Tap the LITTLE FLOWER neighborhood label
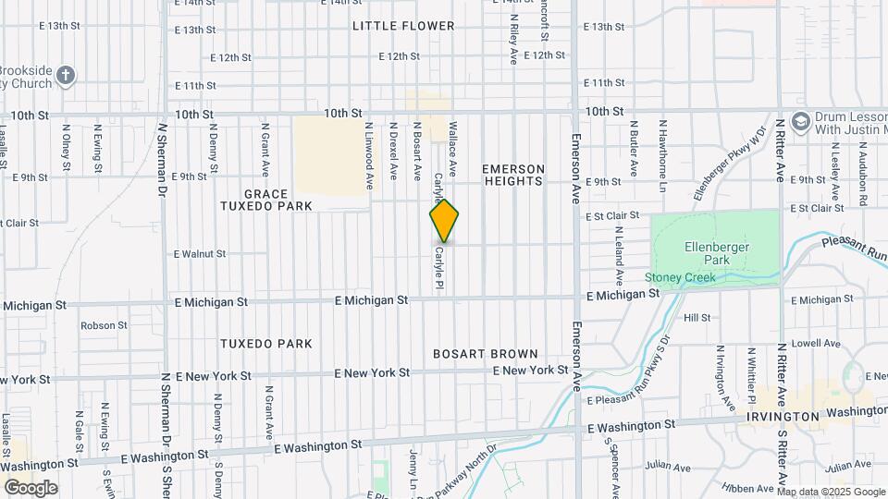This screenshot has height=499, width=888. click(403, 26)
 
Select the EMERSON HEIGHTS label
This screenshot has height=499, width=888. click(513, 175)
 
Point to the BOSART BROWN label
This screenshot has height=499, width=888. click(486, 354)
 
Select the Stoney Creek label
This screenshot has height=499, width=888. click(681, 277)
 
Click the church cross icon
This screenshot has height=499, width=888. click(65, 75)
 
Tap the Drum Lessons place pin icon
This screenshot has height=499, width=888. click(801, 120)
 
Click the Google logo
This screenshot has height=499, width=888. click(30, 487)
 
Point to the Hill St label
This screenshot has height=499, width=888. click(697, 317)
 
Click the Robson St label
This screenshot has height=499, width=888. click(104, 325)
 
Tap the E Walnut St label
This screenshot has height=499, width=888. click(199, 253)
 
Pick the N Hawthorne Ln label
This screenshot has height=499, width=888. click(662, 147)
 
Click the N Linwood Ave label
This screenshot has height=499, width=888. click(368, 152)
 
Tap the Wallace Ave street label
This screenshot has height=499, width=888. click(453, 148)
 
